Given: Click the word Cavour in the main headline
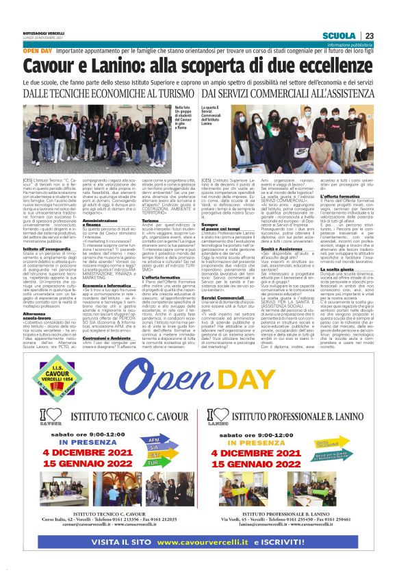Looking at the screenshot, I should (x=55, y=65).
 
